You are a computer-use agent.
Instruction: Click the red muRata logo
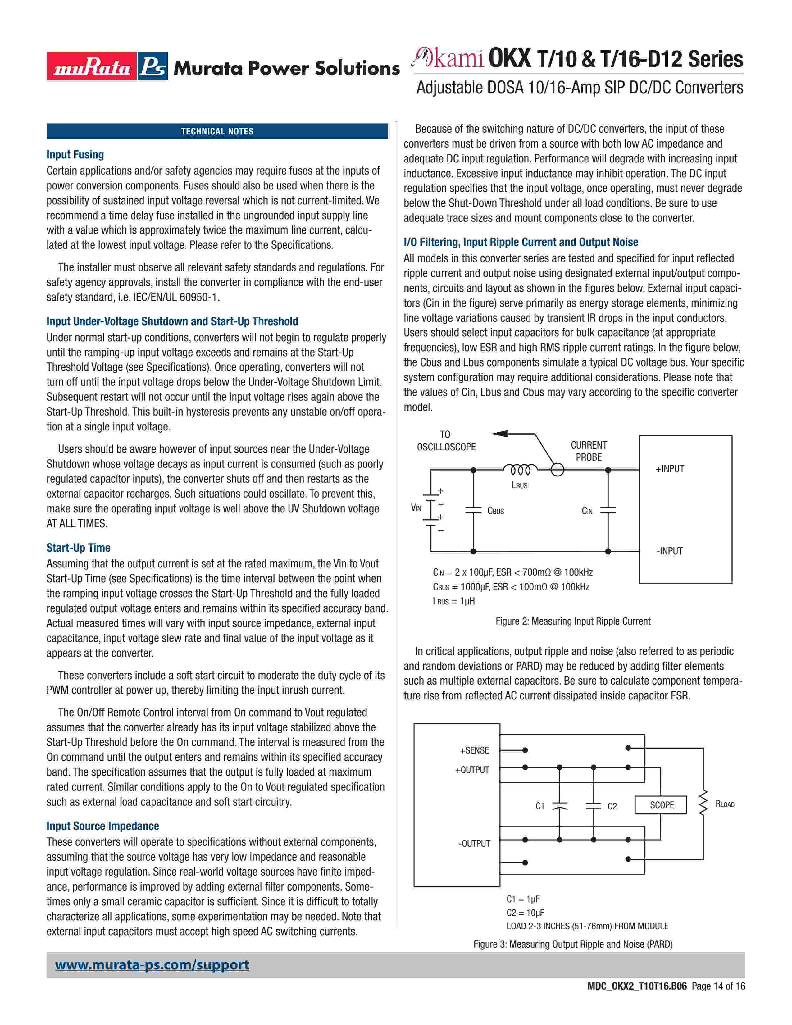(92, 66)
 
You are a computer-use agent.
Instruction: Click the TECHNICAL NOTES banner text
(217, 131)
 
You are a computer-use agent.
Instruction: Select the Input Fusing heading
(75, 154)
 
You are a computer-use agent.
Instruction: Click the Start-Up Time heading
(78, 548)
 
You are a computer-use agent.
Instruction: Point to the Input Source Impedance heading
(103, 826)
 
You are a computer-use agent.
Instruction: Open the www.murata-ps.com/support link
(152, 965)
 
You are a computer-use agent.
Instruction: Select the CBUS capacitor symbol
(473, 510)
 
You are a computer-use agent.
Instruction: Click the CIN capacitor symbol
(608, 510)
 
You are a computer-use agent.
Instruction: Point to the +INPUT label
(670, 469)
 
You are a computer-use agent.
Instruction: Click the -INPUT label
(670, 551)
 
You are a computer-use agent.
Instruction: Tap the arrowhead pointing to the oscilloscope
(500, 433)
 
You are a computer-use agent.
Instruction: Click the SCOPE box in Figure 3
(662, 805)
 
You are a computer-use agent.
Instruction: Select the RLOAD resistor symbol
(703, 804)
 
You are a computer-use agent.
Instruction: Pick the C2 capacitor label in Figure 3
(612, 806)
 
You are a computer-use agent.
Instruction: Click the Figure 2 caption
(573, 622)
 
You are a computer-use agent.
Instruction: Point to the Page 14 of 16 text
(718, 999)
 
